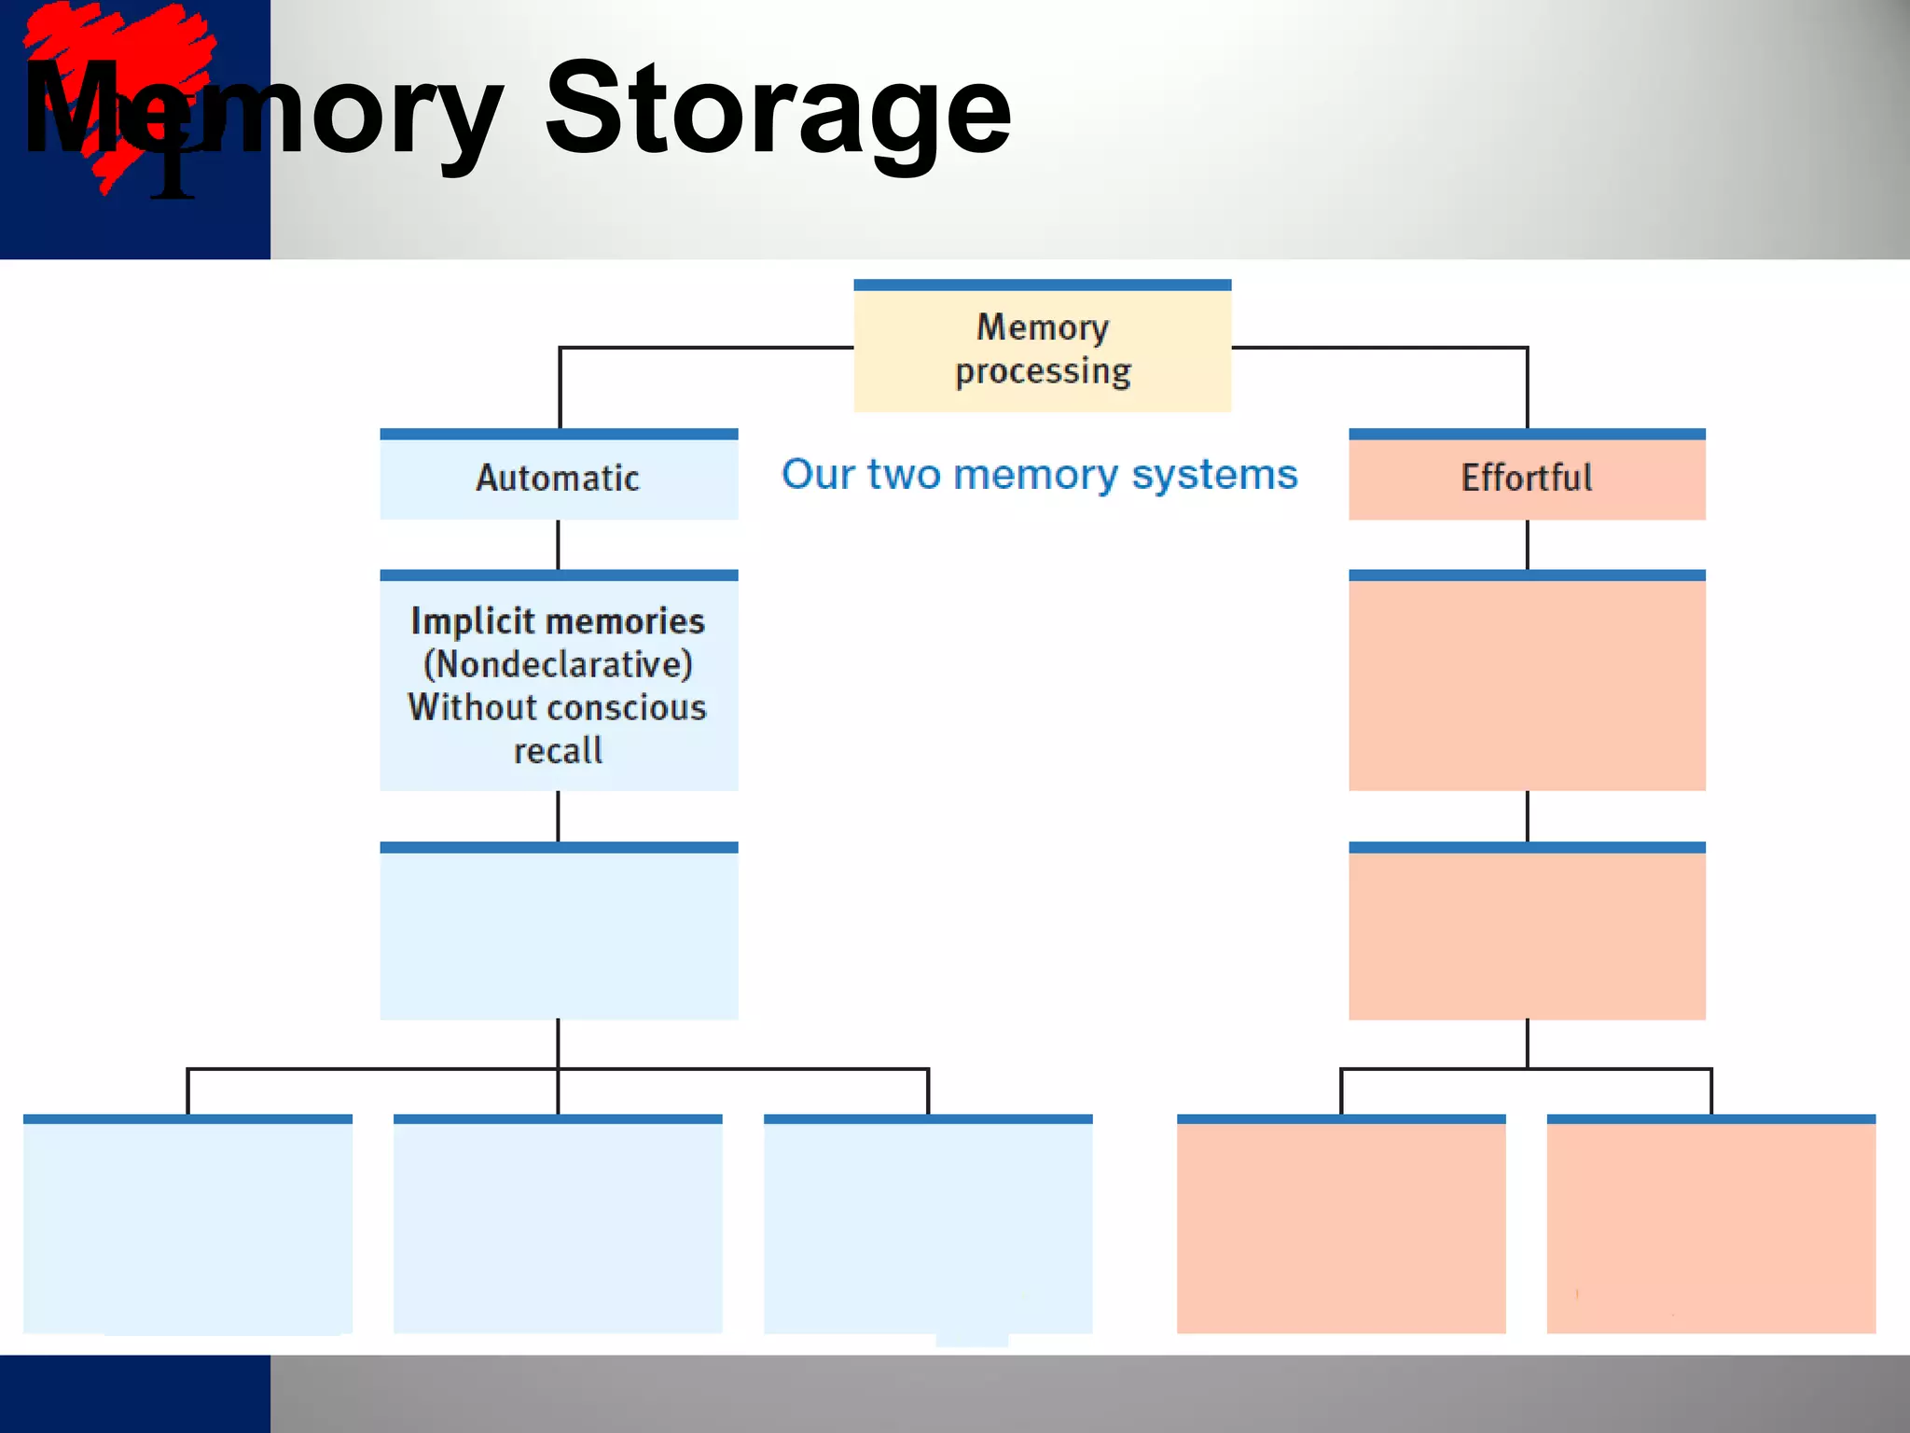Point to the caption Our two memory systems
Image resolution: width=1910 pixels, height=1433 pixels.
1039,474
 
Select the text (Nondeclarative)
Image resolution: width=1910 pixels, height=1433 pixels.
558,664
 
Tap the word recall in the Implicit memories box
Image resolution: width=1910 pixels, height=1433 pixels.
558,751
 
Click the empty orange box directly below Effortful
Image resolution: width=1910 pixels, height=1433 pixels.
1527,684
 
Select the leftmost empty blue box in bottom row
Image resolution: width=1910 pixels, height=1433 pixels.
187,1226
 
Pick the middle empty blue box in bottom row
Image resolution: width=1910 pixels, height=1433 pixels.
558,1226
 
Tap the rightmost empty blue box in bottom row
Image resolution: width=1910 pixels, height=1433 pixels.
928,1226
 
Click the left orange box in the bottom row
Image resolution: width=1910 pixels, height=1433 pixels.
1340,1226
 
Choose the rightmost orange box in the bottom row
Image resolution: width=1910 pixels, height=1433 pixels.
1710,1226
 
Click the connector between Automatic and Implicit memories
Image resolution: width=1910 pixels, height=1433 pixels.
559,545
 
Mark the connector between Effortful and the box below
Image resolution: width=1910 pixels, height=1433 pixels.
1527,545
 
